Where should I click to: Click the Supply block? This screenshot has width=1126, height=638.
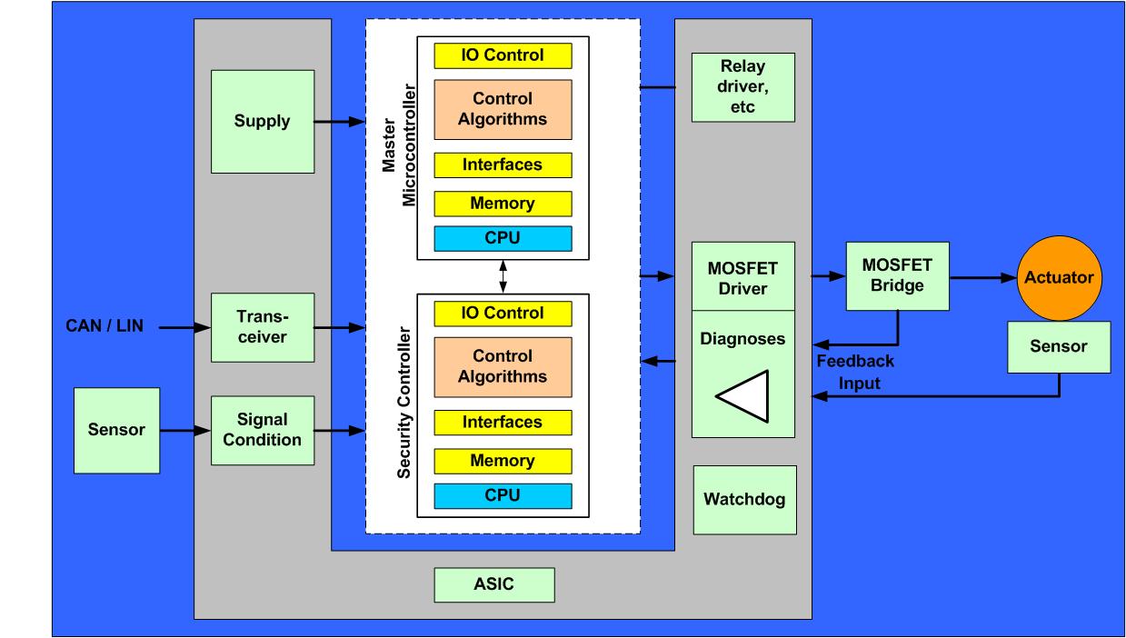pos(262,122)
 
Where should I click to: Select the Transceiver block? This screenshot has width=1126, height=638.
pos(262,326)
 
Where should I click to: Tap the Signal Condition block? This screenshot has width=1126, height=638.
pos(262,429)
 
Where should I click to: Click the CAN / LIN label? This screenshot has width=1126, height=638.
pos(105,325)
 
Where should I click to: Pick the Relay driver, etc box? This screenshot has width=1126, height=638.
pos(743,87)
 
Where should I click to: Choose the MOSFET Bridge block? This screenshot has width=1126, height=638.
pos(898,277)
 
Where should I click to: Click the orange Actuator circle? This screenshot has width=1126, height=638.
pos(1059,278)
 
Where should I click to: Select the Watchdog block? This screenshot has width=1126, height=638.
pos(744,500)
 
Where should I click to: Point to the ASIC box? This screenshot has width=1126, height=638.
pos(493,584)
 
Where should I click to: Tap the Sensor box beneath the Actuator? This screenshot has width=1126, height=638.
pos(1059,347)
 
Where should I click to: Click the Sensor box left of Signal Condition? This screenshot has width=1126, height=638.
pos(116,430)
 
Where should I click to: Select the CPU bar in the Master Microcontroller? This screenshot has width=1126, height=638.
pos(503,239)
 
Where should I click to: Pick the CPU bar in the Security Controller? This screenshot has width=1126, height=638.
pos(503,496)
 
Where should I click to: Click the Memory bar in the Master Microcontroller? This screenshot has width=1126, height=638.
pos(503,204)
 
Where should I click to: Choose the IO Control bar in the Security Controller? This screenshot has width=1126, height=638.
pos(503,314)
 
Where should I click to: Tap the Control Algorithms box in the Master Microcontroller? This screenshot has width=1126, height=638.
pos(503,109)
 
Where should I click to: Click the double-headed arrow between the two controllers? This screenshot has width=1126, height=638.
pos(503,275)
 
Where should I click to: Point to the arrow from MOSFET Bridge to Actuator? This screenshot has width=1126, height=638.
pos(982,277)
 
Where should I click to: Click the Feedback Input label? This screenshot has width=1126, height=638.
pos(853,372)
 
